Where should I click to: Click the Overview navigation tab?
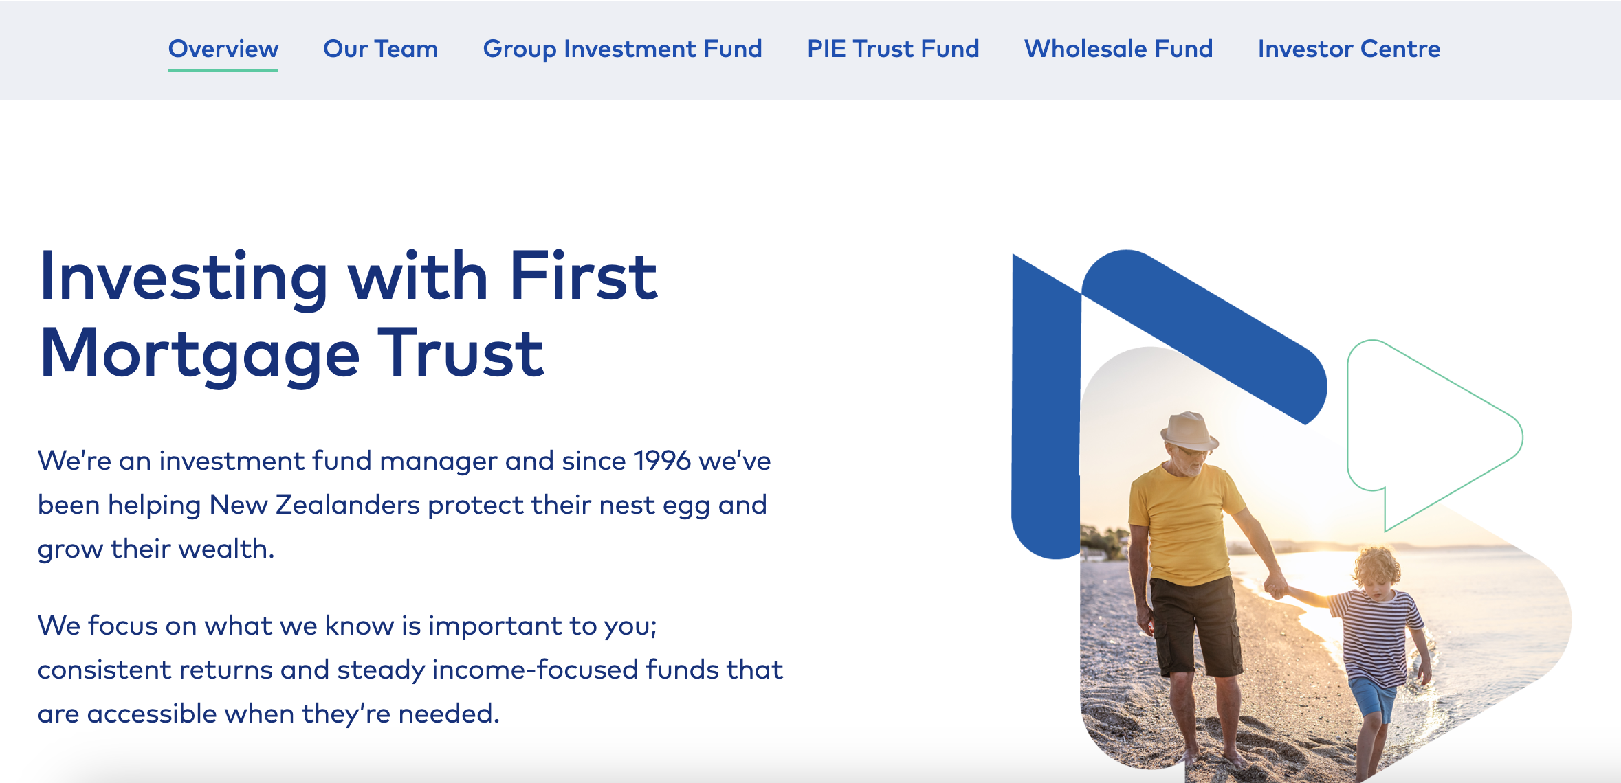click(x=223, y=49)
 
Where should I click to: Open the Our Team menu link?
click(x=380, y=49)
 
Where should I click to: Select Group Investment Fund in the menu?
click(x=622, y=49)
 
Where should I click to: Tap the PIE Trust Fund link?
click(x=893, y=49)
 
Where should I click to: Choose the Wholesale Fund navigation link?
click(x=1118, y=49)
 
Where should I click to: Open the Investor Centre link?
click(x=1349, y=49)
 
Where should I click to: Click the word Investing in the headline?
click(x=184, y=278)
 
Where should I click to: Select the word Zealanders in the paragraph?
click(x=348, y=505)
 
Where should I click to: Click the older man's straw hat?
click(x=1189, y=431)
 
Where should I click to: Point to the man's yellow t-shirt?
click(x=1184, y=522)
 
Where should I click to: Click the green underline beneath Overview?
click(x=223, y=70)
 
